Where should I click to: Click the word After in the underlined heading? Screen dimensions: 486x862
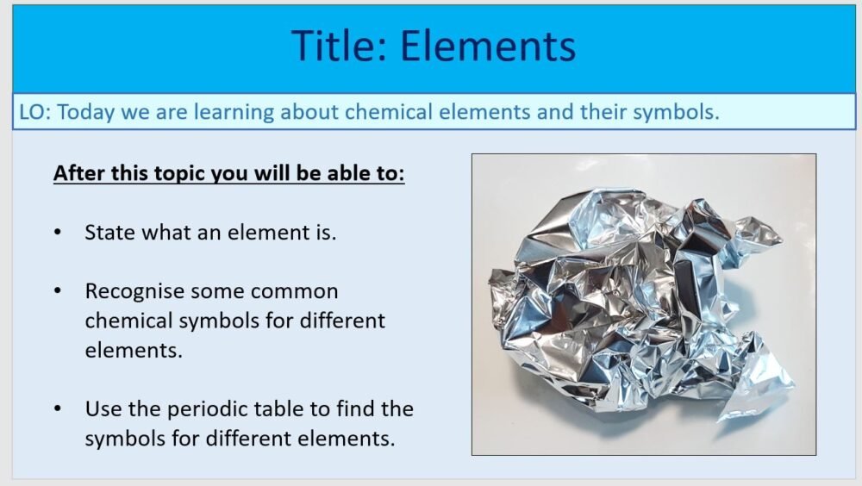coord(77,173)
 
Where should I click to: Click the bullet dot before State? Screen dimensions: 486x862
coord(58,233)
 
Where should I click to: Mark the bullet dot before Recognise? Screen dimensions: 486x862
coord(58,291)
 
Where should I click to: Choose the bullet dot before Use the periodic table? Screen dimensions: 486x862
coord(58,408)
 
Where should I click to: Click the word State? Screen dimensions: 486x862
coord(109,232)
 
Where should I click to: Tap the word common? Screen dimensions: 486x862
coord(292,291)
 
